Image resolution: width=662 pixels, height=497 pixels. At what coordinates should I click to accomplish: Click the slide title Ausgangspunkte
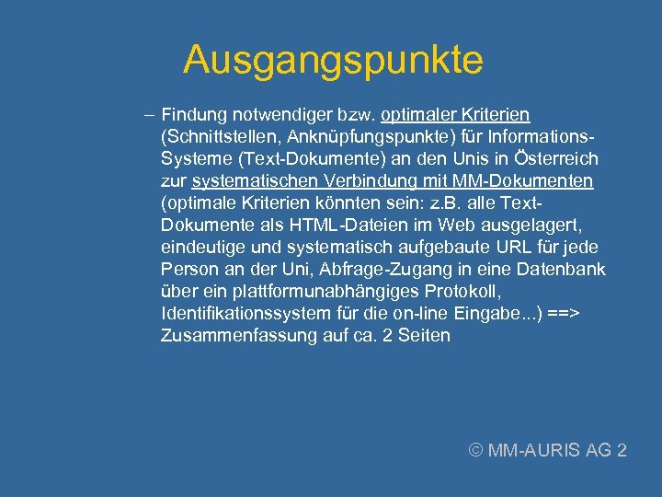pyautogui.click(x=332, y=61)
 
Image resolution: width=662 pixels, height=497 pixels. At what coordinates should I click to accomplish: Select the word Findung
pyautogui.click(x=195, y=115)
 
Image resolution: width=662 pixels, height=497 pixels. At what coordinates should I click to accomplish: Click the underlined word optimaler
pyautogui.click(x=421, y=115)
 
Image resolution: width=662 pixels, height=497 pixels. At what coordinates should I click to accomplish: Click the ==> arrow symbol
pyautogui.click(x=563, y=314)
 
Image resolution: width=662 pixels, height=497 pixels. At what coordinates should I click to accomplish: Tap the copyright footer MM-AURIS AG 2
pyautogui.click(x=548, y=450)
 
